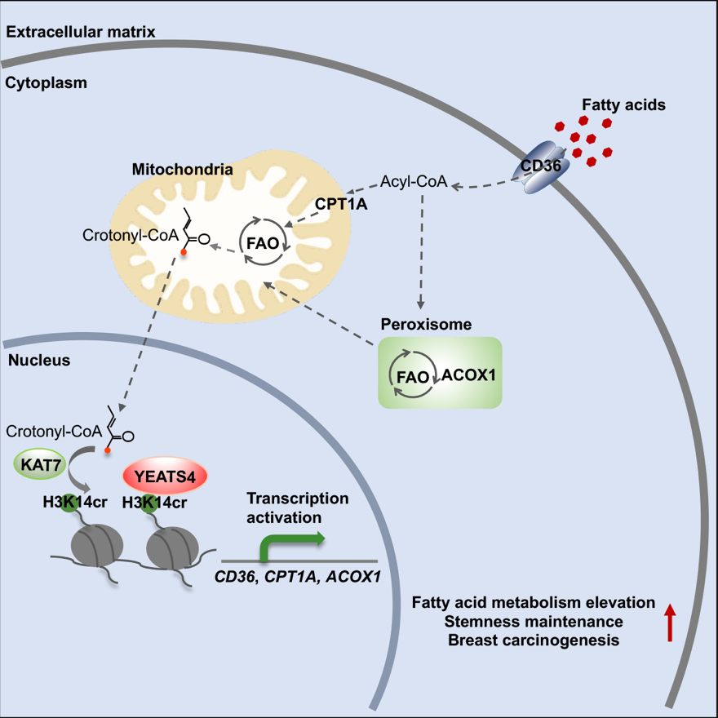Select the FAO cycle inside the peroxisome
[x=412, y=375]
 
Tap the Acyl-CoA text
[x=414, y=182]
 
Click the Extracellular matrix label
[x=81, y=32]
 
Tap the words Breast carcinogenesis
[x=534, y=640]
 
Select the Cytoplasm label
[x=46, y=82]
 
